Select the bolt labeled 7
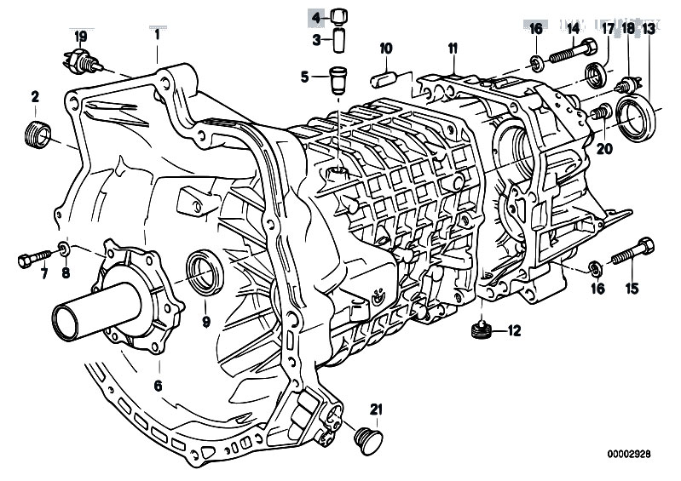[x=35, y=259]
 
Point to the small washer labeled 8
[x=64, y=249]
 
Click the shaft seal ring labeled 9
[x=205, y=272]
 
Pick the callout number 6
[x=158, y=385]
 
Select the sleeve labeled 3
[x=339, y=40]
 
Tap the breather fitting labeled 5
[x=338, y=80]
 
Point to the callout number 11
[x=453, y=49]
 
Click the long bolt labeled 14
[x=573, y=52]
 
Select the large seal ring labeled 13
[x=637, y=119]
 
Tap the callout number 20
[x=604, y=149]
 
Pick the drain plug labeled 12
[x=483, y=330]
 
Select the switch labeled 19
[x=83, y=62]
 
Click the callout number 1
[x=157, y=35]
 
